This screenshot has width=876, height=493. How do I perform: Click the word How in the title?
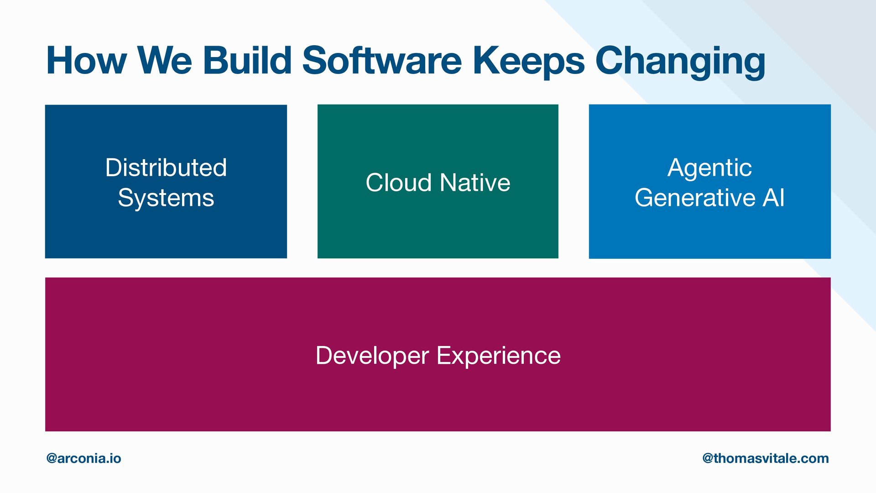point(86,61)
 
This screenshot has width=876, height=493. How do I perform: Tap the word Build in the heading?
point(247,61)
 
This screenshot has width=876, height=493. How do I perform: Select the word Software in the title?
point(382,61)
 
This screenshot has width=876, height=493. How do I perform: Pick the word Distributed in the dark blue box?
point(166,168)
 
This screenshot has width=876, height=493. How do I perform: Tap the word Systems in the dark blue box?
point(166,198)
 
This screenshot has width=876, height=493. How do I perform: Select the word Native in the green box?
point(475,183)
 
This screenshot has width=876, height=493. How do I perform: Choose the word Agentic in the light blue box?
point(709,168)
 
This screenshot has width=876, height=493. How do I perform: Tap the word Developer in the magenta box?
point(372,356)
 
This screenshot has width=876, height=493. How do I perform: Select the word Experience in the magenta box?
point(499,356)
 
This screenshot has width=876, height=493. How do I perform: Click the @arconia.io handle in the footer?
point(84,458)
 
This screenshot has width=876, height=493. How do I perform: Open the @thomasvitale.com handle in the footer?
point(766,458)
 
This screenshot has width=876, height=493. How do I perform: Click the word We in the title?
point(165,61)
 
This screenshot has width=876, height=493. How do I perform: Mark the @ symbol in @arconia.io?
point(52,458)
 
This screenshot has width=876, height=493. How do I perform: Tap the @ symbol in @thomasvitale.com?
point(708,458)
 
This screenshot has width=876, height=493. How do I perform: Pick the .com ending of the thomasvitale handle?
point(815,458)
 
